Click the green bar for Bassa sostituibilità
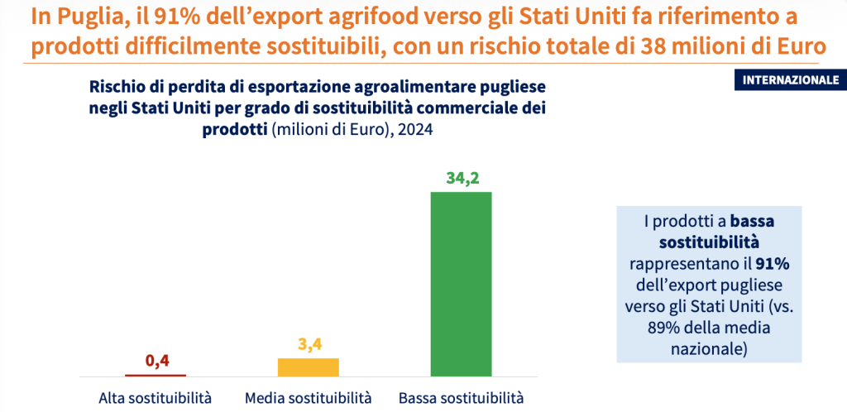pos(461,284)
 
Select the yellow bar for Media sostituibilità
pos(308,367)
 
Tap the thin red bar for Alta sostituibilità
pos(155,376)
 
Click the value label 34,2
pos(461,178)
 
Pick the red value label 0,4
pos(157,361)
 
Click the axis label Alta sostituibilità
pos(156,398)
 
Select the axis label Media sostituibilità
pos(308,398)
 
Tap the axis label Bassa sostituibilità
pos(461,398)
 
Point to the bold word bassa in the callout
pos(752,222)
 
